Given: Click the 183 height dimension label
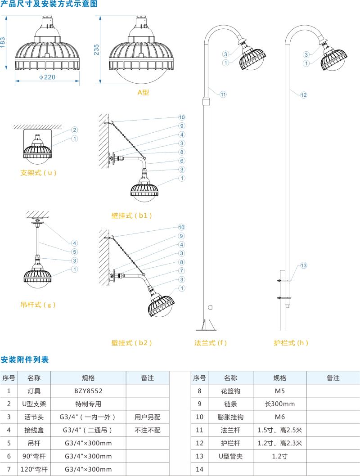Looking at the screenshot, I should (x=4, y=42).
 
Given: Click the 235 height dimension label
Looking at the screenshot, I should (x=96, y=49).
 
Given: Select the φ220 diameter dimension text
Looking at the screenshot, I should (x=47, y=77).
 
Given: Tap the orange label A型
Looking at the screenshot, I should (x=143, y=92).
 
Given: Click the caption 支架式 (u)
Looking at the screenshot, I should (x=39, y=172).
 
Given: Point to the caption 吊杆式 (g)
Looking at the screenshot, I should (x=38, y=305).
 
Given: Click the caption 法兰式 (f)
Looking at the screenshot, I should (x=211, y=342).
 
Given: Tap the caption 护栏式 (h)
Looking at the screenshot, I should (x=291, y=342).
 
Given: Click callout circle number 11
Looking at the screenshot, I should (x=223, y=94).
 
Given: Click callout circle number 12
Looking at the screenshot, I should (x=304, y=95).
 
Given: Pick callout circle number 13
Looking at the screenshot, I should (x=304, y=265).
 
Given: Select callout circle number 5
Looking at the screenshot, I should (x=75, y=251).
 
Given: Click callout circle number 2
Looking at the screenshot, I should (x=75, y=130).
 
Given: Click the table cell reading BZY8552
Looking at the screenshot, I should (x=88, y=391).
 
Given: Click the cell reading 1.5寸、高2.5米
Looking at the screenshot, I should (x=279, y=430).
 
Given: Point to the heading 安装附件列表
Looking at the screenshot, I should (x=25, y=359).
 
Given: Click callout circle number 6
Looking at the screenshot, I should (x=182, y=161).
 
